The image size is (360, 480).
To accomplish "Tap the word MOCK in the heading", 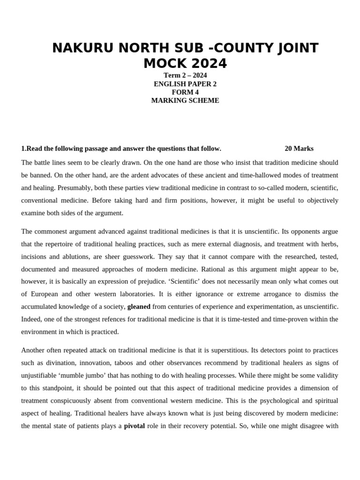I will coord(165,63).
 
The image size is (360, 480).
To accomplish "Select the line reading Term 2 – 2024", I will coord(185,75).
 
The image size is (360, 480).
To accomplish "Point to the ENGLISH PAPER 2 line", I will coord(185,84).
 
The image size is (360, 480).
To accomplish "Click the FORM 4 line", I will coord(185,92).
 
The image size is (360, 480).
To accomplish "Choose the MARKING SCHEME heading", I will coord(185,100).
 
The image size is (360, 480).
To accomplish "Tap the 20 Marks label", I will coord(299,149).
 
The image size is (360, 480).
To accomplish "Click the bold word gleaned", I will coord(139,307).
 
